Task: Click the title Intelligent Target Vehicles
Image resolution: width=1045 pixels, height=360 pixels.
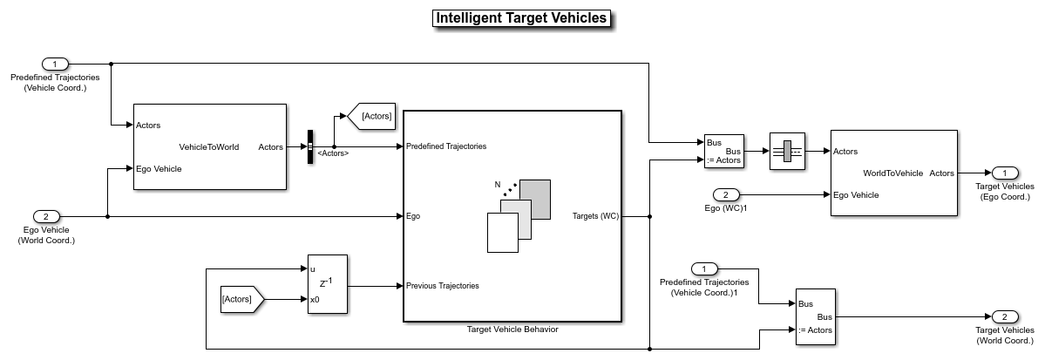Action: click(x=521, y=18)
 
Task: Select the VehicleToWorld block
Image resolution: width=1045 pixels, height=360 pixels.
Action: click(x=209, y=146)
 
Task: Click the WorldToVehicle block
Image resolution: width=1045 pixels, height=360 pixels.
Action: click(x=893, y=173)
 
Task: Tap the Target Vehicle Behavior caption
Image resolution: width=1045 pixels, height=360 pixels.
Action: click(x=512, y=329)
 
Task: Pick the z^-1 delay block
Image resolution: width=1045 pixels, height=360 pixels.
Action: click(x=327, y=284)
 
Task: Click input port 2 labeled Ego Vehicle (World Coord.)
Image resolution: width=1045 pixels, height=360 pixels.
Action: click(x=46, y=216)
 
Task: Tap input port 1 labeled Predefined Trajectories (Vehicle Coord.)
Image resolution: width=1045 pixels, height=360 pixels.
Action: click(x=55, y=64)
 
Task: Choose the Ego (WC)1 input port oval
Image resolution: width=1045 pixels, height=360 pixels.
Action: click(x=725, y=194)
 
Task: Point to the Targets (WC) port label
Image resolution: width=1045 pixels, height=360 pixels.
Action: click(x=595, y=216)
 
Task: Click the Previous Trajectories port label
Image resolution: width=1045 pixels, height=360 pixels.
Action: click(x=442, y=285)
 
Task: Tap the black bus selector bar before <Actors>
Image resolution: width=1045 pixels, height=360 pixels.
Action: click(x=309, y=146)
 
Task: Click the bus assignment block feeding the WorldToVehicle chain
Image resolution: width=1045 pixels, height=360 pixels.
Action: click(x=723, y=151)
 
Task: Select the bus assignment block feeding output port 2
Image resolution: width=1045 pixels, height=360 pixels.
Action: click(x=815, y=316)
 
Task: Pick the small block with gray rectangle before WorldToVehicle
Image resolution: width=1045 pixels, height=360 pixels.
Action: click(x=787, y=151)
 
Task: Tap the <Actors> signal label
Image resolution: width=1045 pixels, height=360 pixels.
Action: click(x=333, y=154)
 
